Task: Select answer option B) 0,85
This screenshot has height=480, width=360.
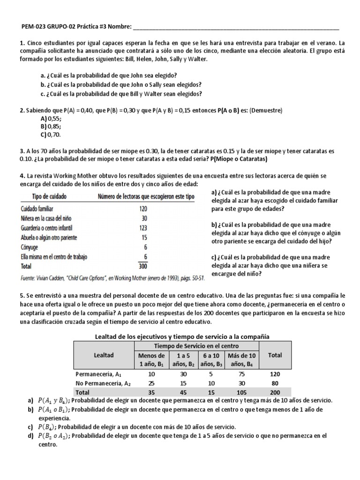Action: pyautogui.click(x=51, y=127)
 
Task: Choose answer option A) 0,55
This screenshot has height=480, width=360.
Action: pyautogui.click(x=51, y=119)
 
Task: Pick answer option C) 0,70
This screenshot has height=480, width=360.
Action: pyautogui.click(x=51, y=134)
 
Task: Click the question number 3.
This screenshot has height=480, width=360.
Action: pyautogui.click(x=22, y=151)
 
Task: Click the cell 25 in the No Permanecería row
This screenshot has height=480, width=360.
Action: pyautogui.click(x=150, y=383)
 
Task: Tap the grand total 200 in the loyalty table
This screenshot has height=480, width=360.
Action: pyautogui.click(x=275, y=392)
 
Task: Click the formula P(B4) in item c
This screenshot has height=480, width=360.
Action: pyautogui.click(x=48, y=427)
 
